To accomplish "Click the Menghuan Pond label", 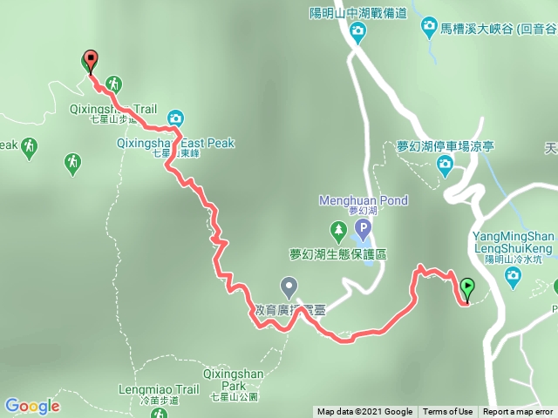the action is (x=364, y=200).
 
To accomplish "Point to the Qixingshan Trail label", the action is (x=112, y=110).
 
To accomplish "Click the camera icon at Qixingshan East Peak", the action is (x=175, y=118).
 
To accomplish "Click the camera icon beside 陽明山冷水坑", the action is (x=513, y=276).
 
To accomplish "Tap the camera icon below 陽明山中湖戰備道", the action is (x=357, y=33).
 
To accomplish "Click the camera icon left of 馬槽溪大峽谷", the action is (x=430, y=29).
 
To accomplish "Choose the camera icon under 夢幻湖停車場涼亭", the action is (x=445, y=164).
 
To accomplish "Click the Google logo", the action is (x=32, y=406).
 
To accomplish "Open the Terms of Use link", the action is (x=448, y=412).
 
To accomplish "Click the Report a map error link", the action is (x=518, y=412).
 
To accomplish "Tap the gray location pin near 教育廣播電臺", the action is (x=289, y=286).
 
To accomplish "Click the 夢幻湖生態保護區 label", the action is (x=344, y=254).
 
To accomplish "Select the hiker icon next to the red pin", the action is (x=113, y=84).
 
